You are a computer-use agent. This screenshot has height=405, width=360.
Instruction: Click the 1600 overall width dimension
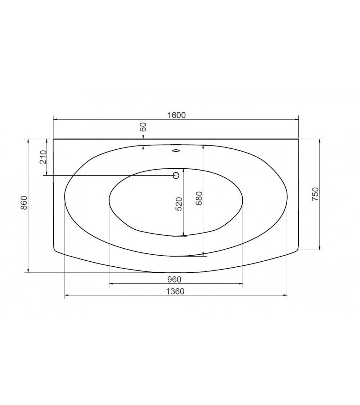click(177, 115)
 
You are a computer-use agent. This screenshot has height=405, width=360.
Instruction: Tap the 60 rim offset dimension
click(143, 127)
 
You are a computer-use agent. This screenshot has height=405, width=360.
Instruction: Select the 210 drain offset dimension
click(43, 157)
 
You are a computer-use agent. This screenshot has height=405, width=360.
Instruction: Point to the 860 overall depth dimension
click(24, 203)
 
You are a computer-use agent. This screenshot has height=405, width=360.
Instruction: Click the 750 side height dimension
click(315, 194)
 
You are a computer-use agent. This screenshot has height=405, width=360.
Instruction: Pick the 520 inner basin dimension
click(179, 204)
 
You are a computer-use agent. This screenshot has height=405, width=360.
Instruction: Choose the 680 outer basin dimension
click(199, 198)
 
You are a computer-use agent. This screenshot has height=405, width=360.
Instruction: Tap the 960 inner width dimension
click(174, 279)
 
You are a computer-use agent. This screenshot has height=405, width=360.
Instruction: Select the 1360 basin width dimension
click(175, 291)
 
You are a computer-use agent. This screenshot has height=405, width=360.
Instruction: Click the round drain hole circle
click(176, 176)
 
